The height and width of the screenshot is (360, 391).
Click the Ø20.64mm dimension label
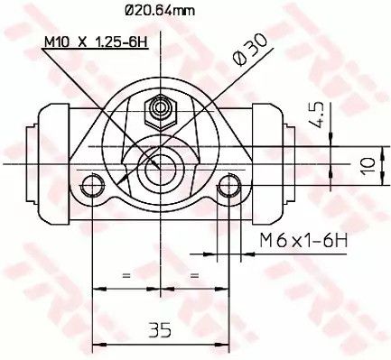click(160, 11)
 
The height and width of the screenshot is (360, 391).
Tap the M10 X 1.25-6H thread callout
click(96, 42)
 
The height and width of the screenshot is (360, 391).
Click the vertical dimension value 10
click(368, 165)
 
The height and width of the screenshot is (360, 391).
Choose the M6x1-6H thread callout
click(303, 241)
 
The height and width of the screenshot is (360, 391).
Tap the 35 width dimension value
click(160, 329)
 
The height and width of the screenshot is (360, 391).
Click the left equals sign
click(126, 275)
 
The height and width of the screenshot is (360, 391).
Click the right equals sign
click(195, 275)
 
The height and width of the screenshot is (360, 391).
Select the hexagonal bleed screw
click(160, 112)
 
